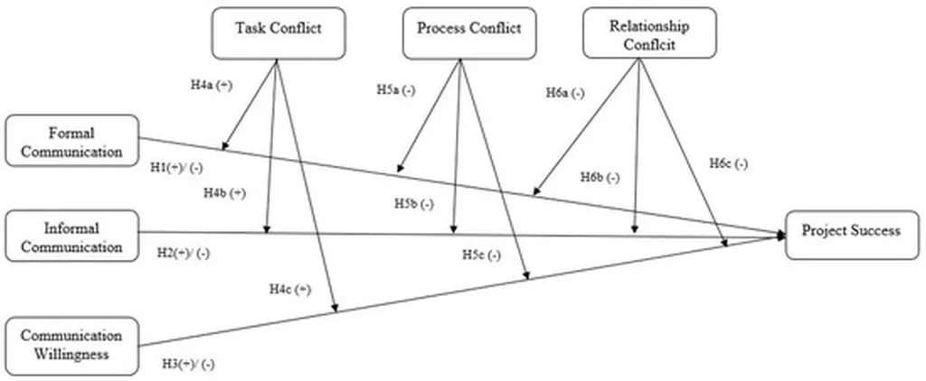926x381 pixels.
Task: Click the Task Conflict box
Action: point(279,33)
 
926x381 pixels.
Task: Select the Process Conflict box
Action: point(469,33)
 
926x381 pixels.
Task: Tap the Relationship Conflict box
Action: point(649,33)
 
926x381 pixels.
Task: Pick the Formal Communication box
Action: point(72,140)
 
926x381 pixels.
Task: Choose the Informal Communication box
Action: point(72,236)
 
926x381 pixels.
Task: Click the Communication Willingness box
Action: point(72,346)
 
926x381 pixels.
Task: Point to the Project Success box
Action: point(852,235)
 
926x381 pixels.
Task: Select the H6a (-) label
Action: point(565,93)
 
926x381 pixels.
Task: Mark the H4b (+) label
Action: point(224,193)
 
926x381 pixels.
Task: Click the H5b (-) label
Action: point(414,204)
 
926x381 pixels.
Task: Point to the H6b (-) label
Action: point(600,178)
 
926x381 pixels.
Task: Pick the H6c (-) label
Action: point(728,164)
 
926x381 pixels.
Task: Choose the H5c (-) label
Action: point(481,256)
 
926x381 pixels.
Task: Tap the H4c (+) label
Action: point(290,290)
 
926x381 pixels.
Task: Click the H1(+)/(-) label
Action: point(176,168)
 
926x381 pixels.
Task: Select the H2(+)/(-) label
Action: point(183,255)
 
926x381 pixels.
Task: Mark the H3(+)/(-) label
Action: point(188,364)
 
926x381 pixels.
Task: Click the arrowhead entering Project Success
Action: point(780,236)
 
